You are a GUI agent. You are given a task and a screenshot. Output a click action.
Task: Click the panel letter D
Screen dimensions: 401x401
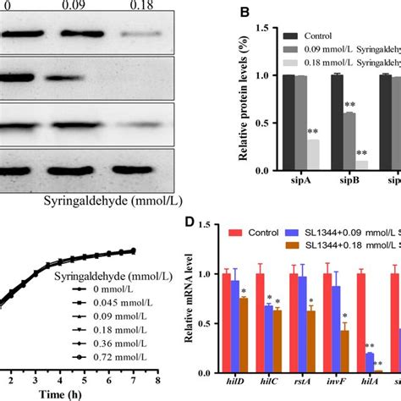(195, 223)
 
